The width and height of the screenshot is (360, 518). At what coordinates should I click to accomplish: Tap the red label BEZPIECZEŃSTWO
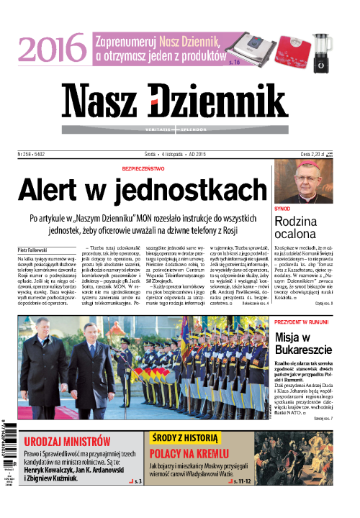[x=156, y=168]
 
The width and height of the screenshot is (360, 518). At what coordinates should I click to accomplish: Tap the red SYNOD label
[x=283, y=208]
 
